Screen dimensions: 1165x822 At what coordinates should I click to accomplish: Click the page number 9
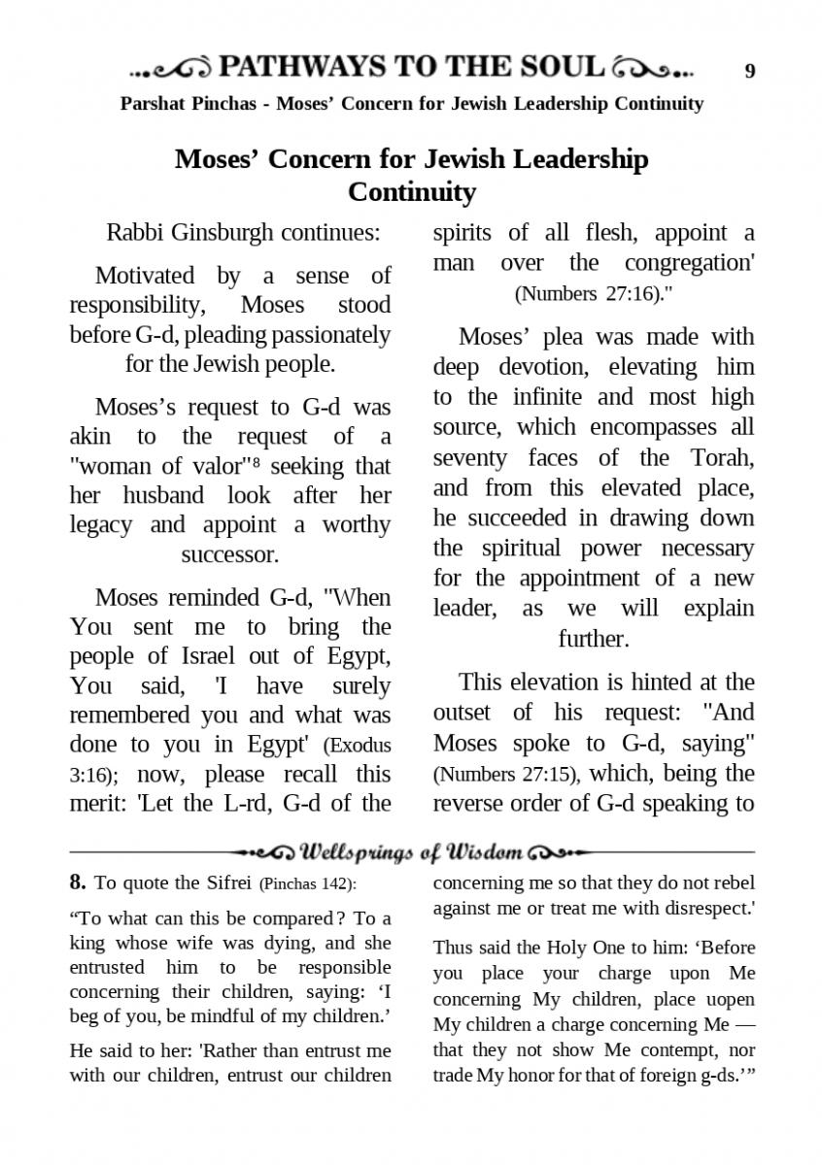749,70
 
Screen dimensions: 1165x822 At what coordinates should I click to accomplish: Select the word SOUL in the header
567,67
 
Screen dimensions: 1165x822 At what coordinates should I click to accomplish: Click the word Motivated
145,276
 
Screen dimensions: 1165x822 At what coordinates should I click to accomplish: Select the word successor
229,554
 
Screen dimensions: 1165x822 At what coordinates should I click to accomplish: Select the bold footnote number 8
78,882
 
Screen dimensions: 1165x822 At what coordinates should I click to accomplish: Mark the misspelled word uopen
731,999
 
